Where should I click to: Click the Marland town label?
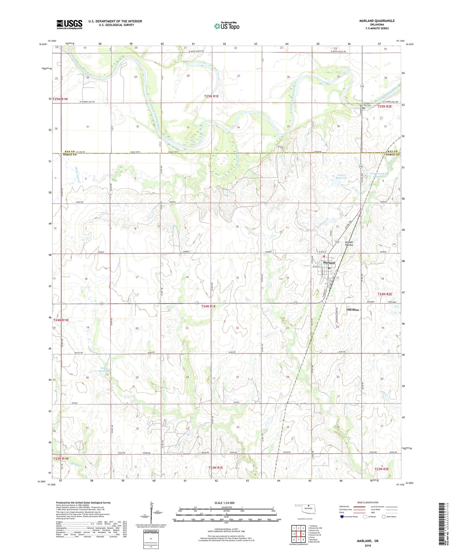click(329, 262)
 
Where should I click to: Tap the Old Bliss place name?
click(353, 310)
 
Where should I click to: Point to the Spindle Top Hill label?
click(349, 244)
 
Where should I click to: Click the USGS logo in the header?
click(69, 24)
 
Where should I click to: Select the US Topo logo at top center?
click(226, 26)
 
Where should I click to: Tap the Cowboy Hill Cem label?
click(368, 104)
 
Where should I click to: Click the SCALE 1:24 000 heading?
click(226, 503)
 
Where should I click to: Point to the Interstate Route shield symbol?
click(342, 517)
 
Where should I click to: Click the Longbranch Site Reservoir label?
click(380, 175)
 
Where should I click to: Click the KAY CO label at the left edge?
click(70, 151)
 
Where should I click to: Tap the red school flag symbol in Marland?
click(324, 256)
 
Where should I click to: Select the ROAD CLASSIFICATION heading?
click(368, 502)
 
